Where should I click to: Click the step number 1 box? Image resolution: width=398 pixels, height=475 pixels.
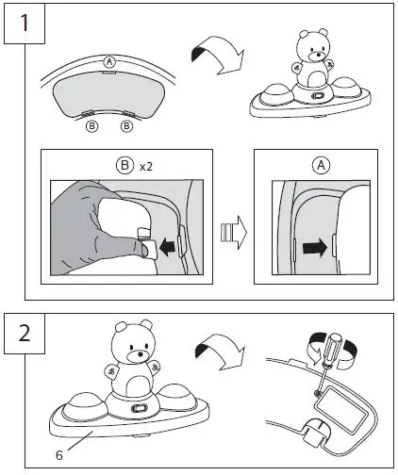25,24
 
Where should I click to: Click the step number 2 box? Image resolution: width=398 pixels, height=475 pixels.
25,334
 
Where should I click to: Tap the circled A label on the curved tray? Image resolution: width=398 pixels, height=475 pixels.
109,62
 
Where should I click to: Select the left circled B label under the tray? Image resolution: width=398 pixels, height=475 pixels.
91,126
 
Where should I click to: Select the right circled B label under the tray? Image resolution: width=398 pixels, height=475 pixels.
126,126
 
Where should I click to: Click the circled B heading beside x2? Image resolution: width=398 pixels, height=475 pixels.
124,165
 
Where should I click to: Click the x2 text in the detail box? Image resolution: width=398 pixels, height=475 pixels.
146,167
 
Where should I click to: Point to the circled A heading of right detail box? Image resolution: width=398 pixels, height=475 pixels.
321,165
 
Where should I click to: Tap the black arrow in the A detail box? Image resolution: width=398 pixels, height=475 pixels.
315,247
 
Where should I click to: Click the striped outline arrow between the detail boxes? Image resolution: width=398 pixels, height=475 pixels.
234,233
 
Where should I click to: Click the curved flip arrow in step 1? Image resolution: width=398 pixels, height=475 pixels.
219,55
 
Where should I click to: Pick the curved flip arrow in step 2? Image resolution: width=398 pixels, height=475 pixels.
220,352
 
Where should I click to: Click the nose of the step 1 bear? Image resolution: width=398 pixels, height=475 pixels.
319,55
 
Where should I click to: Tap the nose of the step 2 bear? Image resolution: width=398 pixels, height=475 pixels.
141,354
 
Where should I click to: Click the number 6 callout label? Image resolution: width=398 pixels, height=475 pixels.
59,455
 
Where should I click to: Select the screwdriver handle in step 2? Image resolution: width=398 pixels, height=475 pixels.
331,348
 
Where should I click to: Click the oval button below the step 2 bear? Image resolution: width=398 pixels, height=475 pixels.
140,408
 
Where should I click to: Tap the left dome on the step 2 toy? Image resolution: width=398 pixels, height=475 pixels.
85,406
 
